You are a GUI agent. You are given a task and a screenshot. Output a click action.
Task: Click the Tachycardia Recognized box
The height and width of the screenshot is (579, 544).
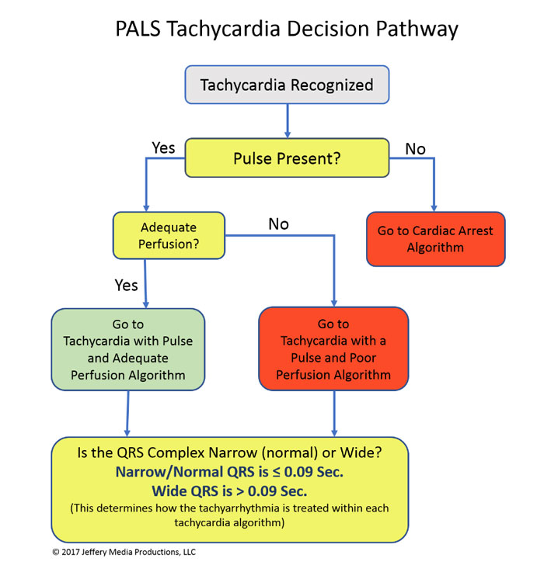point(287,85)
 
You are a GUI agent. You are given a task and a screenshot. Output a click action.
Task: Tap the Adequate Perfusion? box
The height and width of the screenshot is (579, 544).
point(169,237)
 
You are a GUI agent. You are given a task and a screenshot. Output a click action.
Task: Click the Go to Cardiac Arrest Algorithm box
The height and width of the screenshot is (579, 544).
point(434,240)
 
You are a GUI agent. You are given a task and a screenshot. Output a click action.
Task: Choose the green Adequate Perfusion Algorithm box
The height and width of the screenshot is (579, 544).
point(128,349)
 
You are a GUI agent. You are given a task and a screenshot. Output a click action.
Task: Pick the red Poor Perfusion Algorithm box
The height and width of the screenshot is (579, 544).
point(333,349)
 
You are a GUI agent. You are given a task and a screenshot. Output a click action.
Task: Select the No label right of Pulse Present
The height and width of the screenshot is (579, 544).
point(416,148)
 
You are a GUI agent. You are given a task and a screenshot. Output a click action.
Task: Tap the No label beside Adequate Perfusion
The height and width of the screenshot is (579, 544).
point(278,224)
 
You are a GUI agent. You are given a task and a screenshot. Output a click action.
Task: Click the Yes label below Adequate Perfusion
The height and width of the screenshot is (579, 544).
point(127,285)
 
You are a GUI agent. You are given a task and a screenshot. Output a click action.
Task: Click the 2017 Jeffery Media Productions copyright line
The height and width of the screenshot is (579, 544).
point(124,553)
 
